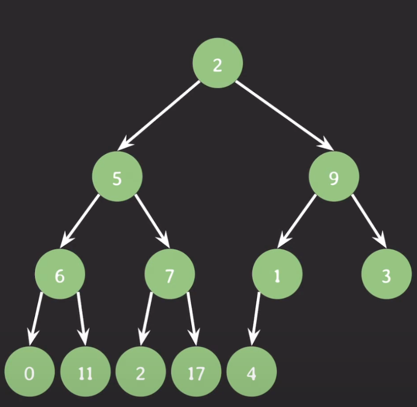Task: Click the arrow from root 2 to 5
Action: tap(159, 115)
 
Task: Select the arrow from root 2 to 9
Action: tap(284, 115)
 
